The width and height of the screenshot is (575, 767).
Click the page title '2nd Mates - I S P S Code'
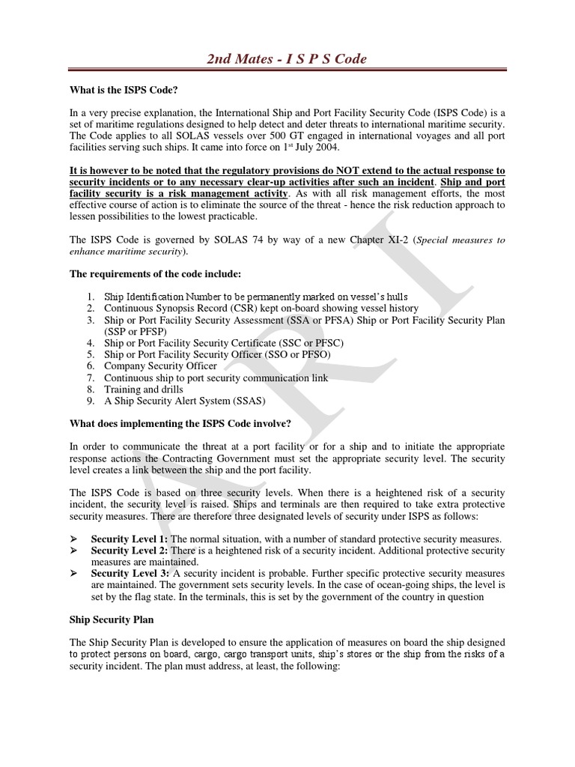pos(287,58)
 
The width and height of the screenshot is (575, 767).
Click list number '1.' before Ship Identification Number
pos(89,297)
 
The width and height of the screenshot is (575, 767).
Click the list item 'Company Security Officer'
pos(160,366)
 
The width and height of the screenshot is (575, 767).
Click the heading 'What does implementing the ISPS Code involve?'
pos(180,423)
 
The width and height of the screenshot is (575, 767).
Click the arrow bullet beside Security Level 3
pos(74,574)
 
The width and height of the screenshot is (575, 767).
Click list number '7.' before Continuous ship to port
pos(89,378)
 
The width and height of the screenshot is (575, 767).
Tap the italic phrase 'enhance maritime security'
pos(126,251)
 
